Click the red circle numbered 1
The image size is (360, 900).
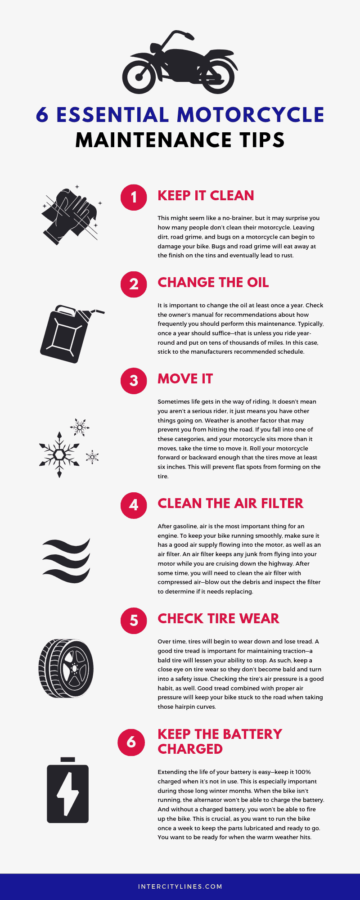click(x=134, y=197)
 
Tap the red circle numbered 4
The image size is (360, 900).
click(x=134, y=505)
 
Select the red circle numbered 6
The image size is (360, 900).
click(x=131, y=742)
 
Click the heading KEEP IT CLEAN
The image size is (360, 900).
click(x=206, y=196)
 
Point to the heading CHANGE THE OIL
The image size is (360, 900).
click(x=213, y=283)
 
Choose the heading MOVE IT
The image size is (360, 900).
click(x=185, y=379)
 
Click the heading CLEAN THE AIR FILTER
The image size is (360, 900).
click(x=230, y=504)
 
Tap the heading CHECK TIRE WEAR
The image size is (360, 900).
click(x=218, y=619)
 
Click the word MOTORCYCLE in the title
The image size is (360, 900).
click(x=250, y=115)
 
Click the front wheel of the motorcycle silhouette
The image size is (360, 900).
click(x=139, y=76)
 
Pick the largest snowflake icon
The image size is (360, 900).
click(x=59, y=454)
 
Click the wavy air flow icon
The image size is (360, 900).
click(x=66, y=561)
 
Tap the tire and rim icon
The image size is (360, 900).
click(x=66, y=668)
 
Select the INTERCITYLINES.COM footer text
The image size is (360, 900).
click(x=180, y=886)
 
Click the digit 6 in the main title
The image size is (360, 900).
click(x=42, y=115)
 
